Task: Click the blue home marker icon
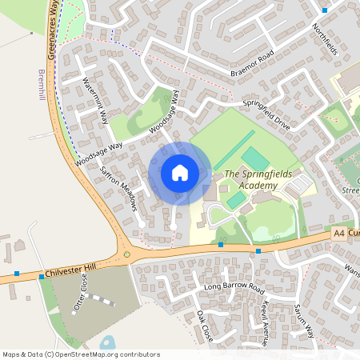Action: pos(180,172)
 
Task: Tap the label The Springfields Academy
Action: pos(250,180)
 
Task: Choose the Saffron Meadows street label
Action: pos(118,188)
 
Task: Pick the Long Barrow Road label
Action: pos(234,286)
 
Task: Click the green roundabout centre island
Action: pos(126,255)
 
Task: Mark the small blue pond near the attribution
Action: pos(106,342)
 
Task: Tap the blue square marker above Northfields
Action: pos(324,10)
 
